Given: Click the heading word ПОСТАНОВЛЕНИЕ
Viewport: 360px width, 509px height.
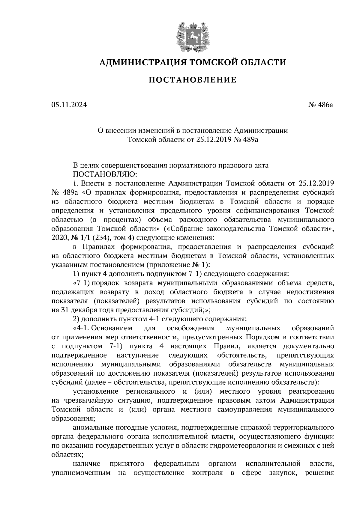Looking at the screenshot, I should tap(193, 80).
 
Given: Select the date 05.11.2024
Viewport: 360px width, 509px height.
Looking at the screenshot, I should tap(69, 105).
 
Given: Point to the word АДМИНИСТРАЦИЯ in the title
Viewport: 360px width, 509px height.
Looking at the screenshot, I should tap(139, 62).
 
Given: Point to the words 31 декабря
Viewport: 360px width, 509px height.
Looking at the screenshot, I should tap(77, 310).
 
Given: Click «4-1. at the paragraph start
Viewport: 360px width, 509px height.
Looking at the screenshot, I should tap(82, 328).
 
